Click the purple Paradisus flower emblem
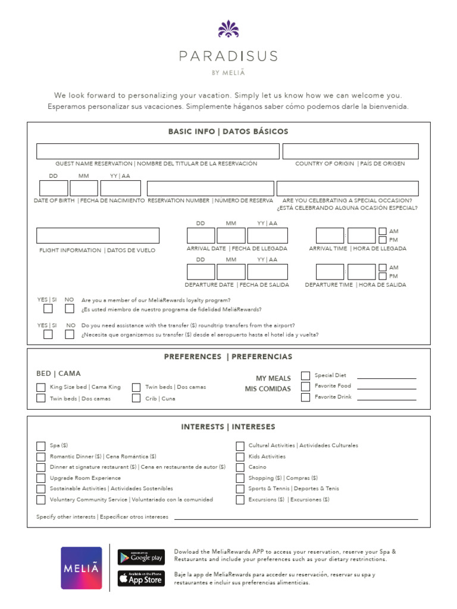pyautogui.click(x=228, y=29)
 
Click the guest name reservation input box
pyautogui.click(x=158, y=151)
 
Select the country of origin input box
pyautogui.click(x=350, y=151)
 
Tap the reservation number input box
pyautogui.click(x=210, y=189)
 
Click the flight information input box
pyautogui.click(x=98, y=236)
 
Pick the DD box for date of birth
pyautogui.click(x=53, y=189)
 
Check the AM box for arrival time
pyautogui.click(x=383, y=231)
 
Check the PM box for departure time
pyautogui.click(x=383, y=276)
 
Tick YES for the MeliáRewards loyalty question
pyautogui.click(x=48, y=309)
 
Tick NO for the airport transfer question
pyautogui.click(x=70, y=334)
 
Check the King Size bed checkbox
pyautogui.click(x=40, y=387)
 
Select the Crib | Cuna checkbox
pyautogui.click(x=136, y=398)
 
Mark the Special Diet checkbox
pyautogui.click(x=305, y=375)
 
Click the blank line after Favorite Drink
pyautogui.click(x=386, y=399)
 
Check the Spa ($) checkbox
pyautogui.click(x=40, y=445)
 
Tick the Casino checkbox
pyautogui.click(x=240, y=467)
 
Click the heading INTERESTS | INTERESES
pyautogui.click(x=228, y=427)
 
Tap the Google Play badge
pyautogui.click(x=141, y=557)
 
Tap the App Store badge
pyautogui.click(x=141, y=578)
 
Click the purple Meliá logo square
pyautogui.click(x=82, y=568)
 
